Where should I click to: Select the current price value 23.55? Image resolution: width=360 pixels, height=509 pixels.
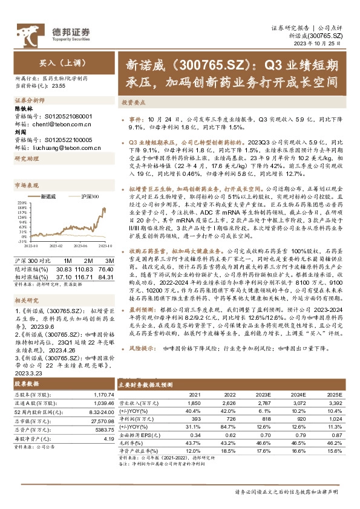61,86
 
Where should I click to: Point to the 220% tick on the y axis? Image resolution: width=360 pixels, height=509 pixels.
20,203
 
